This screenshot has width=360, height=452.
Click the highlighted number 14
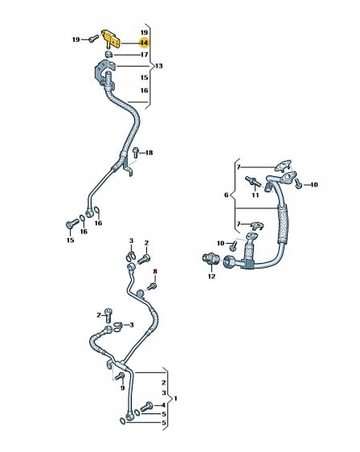[144, 43]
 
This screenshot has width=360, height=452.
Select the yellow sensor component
[111, 39]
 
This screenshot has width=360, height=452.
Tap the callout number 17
[145, 55]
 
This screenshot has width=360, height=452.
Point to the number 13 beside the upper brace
[158, 66]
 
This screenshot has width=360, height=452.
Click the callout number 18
[149, 153]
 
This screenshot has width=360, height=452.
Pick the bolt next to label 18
[136, 152]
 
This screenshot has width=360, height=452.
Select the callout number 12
[211, 276]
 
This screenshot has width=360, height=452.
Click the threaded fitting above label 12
[211, 258]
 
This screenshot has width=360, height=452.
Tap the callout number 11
[256, 195]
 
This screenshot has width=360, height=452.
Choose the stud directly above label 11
[253, 181]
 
